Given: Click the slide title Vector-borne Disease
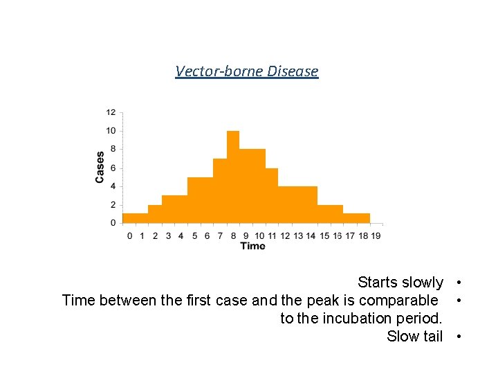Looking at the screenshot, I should (247, 71).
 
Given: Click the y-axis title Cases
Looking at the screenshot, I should (100, 168).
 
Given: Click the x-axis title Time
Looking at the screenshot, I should (252, 246).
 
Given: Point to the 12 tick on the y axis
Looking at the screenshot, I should (111, 112).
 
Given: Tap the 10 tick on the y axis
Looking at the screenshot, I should (111, 131).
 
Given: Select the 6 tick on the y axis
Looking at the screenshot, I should (112, 168).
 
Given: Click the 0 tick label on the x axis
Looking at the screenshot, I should (129, 235).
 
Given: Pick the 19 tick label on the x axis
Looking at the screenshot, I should (376, 235).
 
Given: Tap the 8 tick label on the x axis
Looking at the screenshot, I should (233, 235).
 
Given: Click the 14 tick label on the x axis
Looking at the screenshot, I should (311, 235).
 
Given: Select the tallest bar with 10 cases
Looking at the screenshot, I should (233, 177).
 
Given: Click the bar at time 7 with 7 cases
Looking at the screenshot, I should (220, 190).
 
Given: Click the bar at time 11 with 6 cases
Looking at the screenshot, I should (272, 195).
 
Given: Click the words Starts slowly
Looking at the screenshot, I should (400, 283).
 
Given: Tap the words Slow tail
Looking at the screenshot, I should (414, 337).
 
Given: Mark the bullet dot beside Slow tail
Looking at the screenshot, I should (459, 337).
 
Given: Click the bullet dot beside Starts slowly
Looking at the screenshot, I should (459, 283).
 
